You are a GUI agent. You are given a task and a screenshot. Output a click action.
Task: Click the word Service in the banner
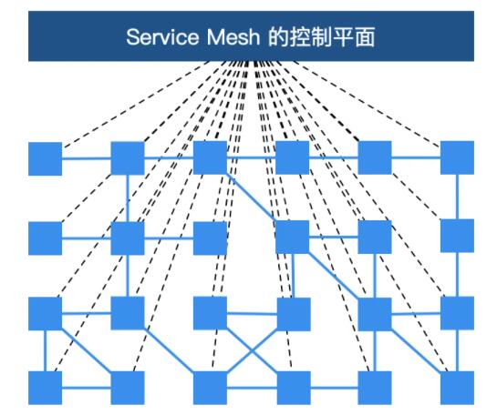(x=162, y=37)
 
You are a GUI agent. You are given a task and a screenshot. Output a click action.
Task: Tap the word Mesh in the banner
(x=233, y=37)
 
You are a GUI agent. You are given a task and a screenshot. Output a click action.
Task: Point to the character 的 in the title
(x=278, y=37)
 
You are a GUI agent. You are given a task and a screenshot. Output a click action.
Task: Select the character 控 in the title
(x=300, y=37)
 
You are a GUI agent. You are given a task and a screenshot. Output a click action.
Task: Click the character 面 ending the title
(x=365, y=37)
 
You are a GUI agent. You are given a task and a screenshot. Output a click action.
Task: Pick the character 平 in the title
(x=343, y=37)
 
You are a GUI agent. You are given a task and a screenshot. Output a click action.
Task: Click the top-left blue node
(x=46, y=158)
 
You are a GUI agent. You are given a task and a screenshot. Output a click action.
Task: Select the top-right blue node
(x=458, y=157)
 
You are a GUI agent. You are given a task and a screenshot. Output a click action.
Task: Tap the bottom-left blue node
(x=46, y=388)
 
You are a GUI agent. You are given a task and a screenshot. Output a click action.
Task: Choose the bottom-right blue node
(x=458, y=388)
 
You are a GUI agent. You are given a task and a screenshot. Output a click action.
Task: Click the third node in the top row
(x=210, y=157)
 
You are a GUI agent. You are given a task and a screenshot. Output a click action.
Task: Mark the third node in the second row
(x=210, y=238)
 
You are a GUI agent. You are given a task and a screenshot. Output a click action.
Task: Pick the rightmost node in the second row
(x=458, y=236)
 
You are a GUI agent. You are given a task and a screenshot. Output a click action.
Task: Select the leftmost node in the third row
(x=46, y=313)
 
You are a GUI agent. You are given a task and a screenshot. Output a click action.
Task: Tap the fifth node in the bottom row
(x=375, y=388)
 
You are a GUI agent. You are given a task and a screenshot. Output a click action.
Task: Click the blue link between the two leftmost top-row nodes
(x=87, y=158)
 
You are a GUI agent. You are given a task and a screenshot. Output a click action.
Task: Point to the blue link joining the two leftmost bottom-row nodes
(x=87, y=388)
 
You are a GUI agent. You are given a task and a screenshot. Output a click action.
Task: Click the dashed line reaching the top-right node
(x=367, y=104)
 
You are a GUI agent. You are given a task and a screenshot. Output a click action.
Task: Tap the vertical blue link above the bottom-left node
(x=46, y=350)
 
